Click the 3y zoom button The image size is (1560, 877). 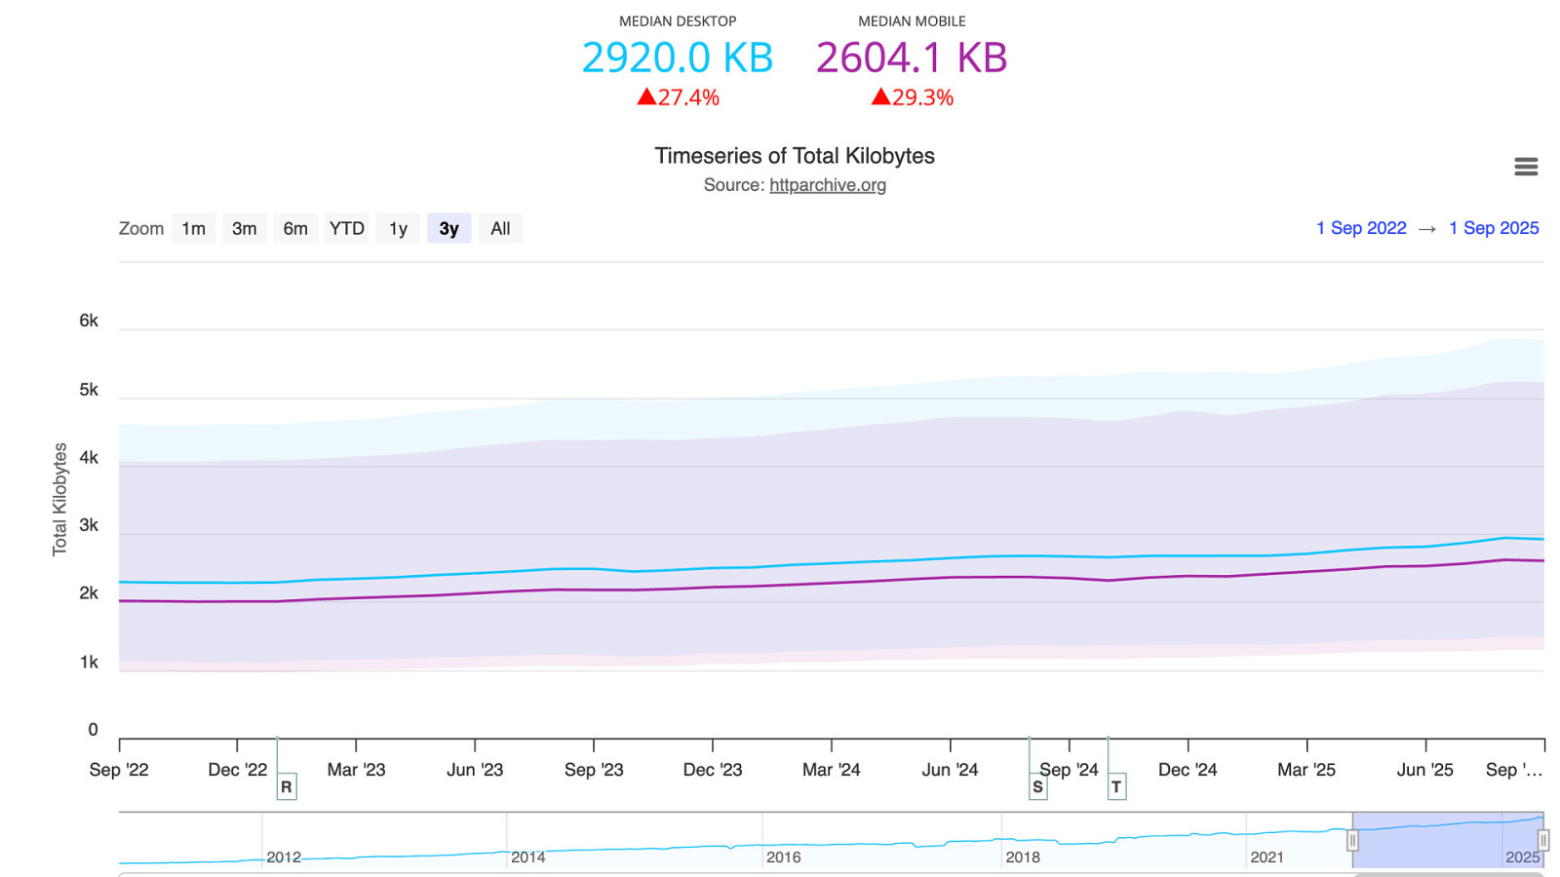click(448, 229)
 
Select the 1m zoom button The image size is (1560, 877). click(193, 229)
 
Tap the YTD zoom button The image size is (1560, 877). click(346, 229)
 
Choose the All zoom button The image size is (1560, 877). click(500, 229)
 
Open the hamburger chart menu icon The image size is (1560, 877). click(1526, 168)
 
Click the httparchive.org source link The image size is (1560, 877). click(827, 185)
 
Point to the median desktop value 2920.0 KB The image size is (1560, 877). click(677, 57)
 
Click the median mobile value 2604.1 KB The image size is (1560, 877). click(911, 57)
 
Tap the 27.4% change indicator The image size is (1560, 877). click(679, 97)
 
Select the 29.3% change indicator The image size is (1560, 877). click(913, 97)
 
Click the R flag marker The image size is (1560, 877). click(287, 786)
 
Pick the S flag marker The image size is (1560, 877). click(1037, 786)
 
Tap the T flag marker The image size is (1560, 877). click(1116, 786)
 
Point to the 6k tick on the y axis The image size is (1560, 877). click(89, 321)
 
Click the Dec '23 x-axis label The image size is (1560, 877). click(712, 770)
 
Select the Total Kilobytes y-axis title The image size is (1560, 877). click(59, 499)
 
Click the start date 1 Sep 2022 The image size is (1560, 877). click(1361, 228)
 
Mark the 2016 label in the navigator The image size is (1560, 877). click(783, 858)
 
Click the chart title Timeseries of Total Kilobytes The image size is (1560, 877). click(794, 156)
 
